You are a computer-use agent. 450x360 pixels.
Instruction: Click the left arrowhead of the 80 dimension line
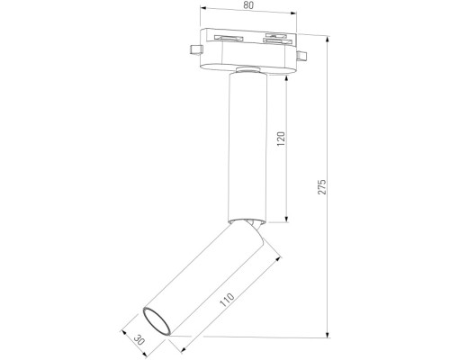pyautogui.click(x=203, y=15)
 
